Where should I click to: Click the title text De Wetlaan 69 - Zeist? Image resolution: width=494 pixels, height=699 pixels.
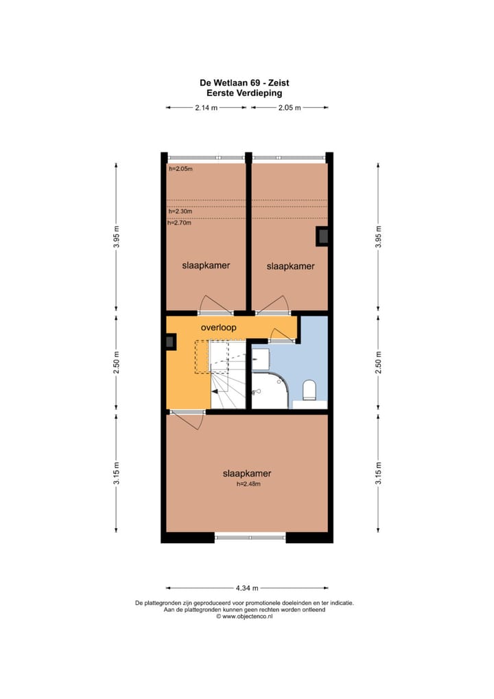tap(245, 83)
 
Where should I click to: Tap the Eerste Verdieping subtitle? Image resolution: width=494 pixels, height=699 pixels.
tap(245, 92)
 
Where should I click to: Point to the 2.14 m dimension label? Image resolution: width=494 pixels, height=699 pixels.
tap(206, 108)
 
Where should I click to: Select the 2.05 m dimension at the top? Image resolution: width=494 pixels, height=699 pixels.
tap(289, 108)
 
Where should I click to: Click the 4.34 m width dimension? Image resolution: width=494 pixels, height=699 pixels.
tap(247, 588)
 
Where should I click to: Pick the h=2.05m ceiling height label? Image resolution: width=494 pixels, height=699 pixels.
tap(181, 169)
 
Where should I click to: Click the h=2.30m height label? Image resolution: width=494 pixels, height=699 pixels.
tap(180, 212)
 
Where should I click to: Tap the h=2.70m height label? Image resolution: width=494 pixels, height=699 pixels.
tap(180, 222)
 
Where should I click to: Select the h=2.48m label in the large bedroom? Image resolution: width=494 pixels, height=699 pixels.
tap(247, 484)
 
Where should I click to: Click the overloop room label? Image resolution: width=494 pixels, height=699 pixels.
tap(218, 328)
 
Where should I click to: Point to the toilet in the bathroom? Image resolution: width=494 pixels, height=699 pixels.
tap(309, 390)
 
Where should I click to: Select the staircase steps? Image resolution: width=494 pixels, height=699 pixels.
tap(226, 385)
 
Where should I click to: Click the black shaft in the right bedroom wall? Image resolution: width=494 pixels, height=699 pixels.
tap(322, 236)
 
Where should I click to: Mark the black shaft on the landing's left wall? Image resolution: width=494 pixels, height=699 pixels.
tap(170, 341)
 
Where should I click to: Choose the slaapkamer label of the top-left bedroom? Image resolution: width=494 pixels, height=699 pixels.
tap(206, 265)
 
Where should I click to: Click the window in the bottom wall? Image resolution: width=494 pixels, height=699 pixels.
tap(250, 538)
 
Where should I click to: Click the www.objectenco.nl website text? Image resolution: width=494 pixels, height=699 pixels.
tap(248, 617)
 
